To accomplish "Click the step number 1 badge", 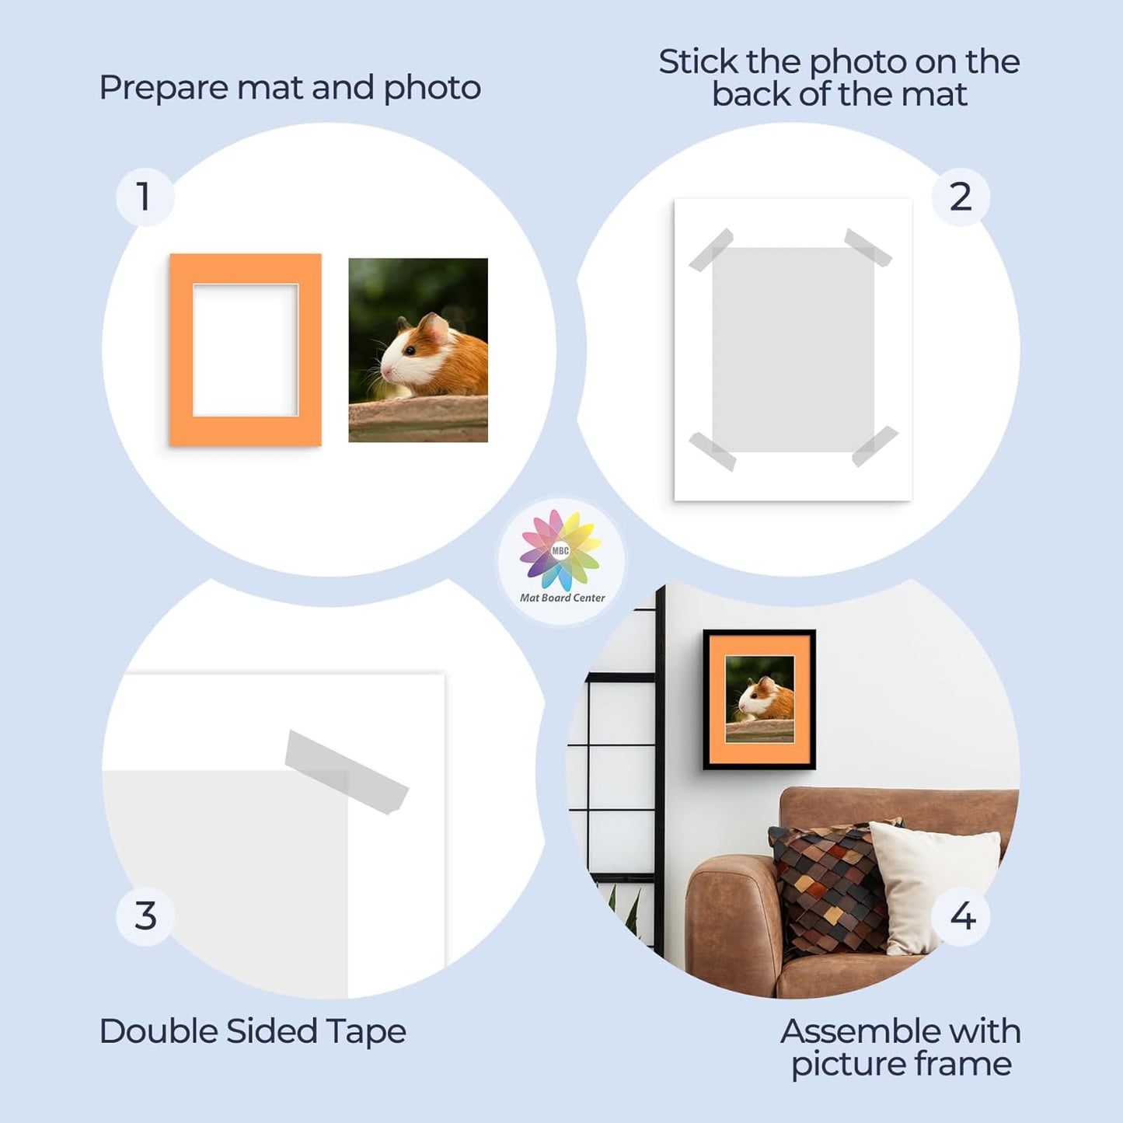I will [x=145, y=197].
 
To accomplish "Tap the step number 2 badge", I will [x=961, y=197].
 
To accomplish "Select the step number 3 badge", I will [x=145, y=916].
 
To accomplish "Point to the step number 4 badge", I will [x=962, y=916].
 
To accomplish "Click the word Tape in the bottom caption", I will [x=365, y=1032].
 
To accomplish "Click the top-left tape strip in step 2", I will [x=711, y=250].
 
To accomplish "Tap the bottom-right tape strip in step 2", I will [x=875, y=446].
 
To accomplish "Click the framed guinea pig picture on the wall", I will [x=759, y=699].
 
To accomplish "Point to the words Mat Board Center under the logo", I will [x=562, y=598].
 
